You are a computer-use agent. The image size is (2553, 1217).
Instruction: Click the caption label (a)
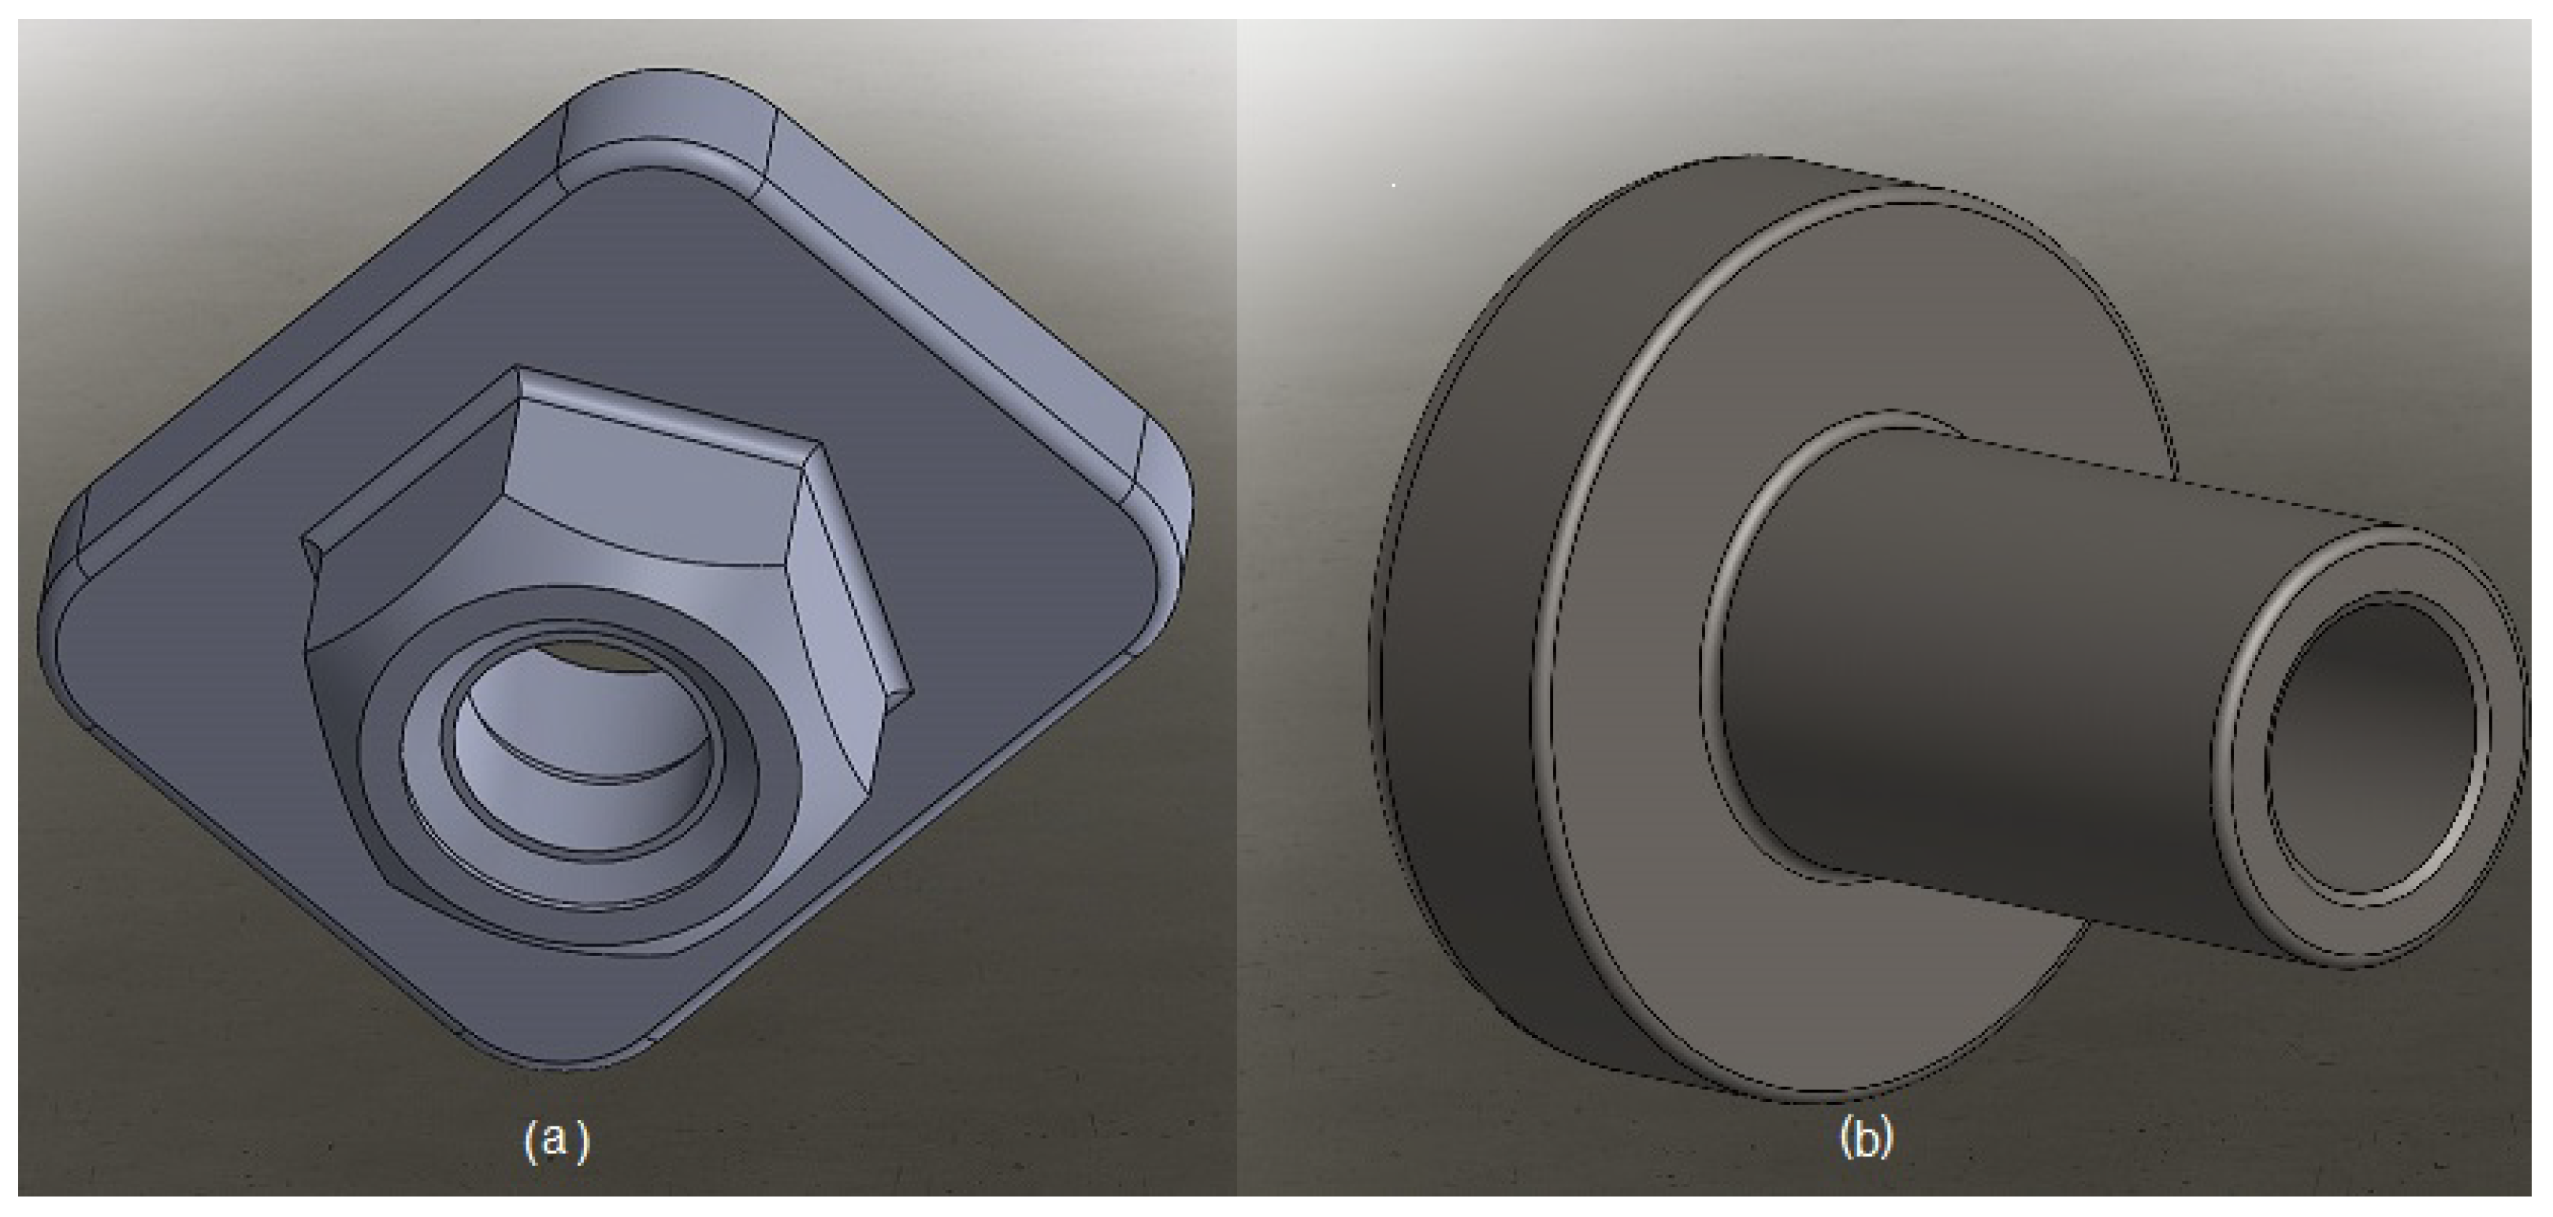(557, 1140)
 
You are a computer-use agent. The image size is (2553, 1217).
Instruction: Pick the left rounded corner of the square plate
(65, 594)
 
